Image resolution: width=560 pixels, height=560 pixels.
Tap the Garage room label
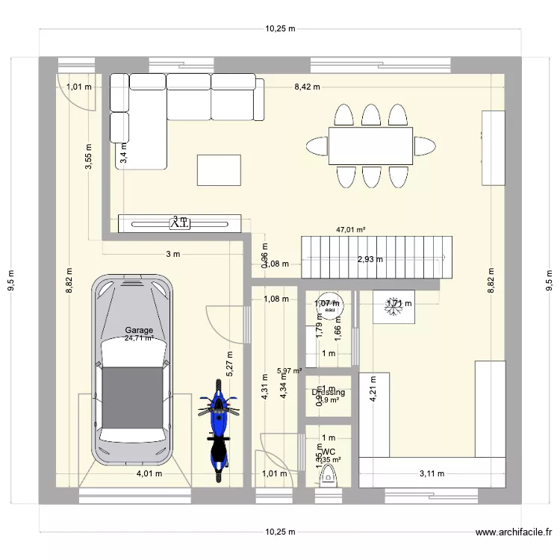coord(139,330)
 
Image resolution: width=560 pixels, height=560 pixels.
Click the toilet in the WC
coord(326,475)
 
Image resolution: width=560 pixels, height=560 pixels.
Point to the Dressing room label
coord(328,392)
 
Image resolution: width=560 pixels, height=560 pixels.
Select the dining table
coord(370,146)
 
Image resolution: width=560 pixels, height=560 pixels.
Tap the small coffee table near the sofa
coord(219,169)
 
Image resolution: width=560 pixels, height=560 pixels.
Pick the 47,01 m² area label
coord(350,231)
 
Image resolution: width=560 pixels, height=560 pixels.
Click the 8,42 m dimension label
coord(306,87)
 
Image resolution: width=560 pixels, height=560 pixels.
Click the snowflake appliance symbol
coord(393,304)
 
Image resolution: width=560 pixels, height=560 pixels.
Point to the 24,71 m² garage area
coord(139,338)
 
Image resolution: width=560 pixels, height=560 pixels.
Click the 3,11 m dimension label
coord(432,473)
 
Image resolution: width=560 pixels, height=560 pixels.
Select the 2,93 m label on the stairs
coord(370,260)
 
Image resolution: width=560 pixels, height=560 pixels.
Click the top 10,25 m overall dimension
coord(280,28)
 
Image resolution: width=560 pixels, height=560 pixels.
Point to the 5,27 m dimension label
coord(230,364)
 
